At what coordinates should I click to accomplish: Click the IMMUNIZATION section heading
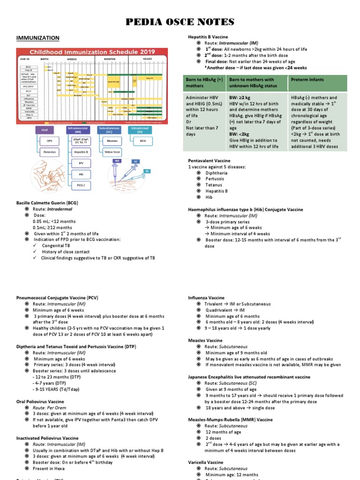pyautogui.click(x=37, y=37)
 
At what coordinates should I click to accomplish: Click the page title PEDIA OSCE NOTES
pyautogui.click(x=180, y=22)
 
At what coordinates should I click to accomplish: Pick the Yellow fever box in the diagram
pyautogui.click(x=112, y=152)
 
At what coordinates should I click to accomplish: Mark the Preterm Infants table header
pyautogui.click(x=307, y=80)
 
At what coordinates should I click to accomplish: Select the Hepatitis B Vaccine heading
pyautogui.click(x=208, y=37)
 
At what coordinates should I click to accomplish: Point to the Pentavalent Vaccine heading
pyautogui.click(x=209, y=160)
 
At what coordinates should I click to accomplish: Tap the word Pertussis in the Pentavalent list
pyautogui.click(x=215, y=179)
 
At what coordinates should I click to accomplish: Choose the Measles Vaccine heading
pyautogui.click(x=204, y=340)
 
